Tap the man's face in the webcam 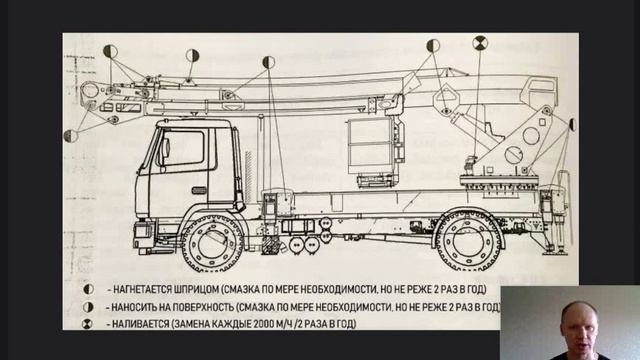point(572,319)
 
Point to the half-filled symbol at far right point(573,124)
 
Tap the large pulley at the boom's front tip point(89,93)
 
